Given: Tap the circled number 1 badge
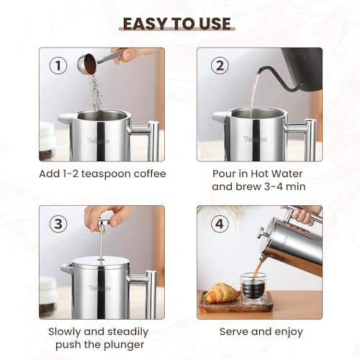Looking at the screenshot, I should click(x=58, y=66).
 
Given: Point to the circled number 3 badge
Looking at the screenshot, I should click(x=58, y=224).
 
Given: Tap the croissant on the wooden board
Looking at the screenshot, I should click(x=222, y=292).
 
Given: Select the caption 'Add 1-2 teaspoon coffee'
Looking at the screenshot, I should click(x=102, y=174).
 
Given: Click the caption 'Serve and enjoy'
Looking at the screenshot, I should click(x=260, y=332).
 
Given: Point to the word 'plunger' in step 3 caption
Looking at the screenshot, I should click(x=120, y=345).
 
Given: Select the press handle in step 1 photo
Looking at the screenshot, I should click(x=152, y=139).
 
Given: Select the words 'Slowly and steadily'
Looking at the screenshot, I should click(x=99, y=332).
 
